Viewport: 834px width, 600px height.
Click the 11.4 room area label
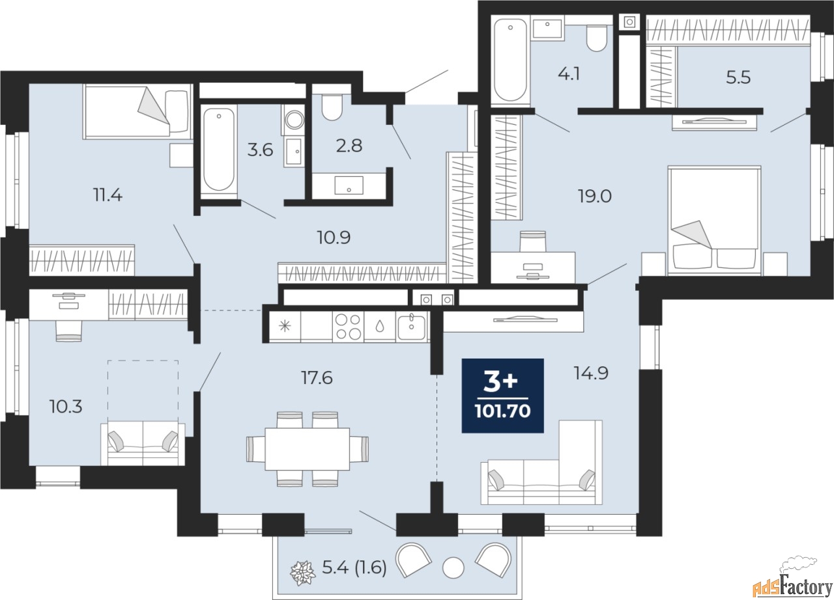tap(108, 195)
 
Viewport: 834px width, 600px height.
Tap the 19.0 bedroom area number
tap(595, 196)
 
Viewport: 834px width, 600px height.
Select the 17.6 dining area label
tap(317, 377)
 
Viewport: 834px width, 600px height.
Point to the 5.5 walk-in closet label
tap(738, 77)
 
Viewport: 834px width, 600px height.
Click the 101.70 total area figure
tap(502, 411)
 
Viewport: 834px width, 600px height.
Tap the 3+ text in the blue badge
tap(500, 383)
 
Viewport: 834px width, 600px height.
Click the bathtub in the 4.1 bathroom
tap(510, 59)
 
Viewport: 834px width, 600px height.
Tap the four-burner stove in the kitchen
tap(348, 327)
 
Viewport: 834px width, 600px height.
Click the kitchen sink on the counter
tap(411, 327)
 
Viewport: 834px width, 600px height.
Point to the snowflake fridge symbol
tap(285, 326)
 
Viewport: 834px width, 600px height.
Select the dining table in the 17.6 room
tap(307, 449)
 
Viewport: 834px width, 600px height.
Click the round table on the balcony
tap(453, 568)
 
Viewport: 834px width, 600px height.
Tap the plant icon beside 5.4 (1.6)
tap(303, 573)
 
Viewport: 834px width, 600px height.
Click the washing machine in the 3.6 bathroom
tap(294, 120)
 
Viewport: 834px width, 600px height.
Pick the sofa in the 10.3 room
tap(143, 443)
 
